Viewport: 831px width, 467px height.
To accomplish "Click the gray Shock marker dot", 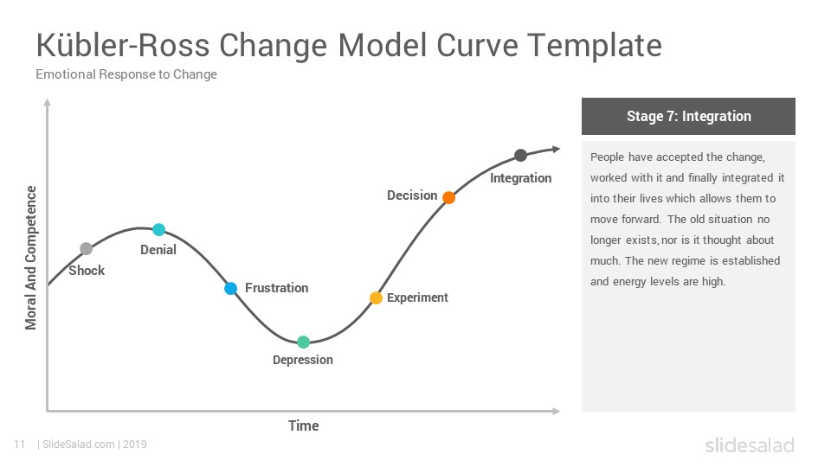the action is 86,248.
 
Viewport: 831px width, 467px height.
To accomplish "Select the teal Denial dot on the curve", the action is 158,230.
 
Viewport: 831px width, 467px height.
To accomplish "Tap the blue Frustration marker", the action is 230,289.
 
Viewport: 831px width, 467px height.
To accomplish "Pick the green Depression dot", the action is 303,342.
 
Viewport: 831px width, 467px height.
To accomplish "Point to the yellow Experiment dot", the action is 376,298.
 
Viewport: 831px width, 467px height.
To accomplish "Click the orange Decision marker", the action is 448,197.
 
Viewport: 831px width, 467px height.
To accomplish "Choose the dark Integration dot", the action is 520,155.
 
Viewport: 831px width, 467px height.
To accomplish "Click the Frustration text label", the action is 277,288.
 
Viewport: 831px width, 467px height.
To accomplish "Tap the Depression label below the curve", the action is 303,360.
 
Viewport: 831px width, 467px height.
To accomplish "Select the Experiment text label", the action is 417,297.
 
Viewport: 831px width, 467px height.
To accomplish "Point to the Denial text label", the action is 158,250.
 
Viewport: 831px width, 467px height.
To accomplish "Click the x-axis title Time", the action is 304,425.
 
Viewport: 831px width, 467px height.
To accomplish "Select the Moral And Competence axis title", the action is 31,258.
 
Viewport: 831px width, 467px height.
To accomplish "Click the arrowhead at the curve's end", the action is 556,150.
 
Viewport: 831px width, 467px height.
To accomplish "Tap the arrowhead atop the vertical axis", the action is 47,102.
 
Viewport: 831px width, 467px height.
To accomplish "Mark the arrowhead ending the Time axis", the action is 556,411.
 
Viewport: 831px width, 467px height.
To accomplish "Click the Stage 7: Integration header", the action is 688,116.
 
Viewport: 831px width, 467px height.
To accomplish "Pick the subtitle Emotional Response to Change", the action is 126,74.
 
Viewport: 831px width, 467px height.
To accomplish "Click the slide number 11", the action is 20,445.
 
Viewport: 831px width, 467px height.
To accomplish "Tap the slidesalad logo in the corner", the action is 750,445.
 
